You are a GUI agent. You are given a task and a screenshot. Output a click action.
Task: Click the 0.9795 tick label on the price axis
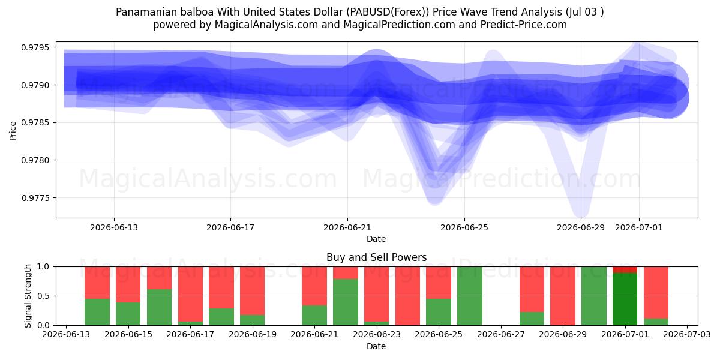pyautogui.click(x=35, y=47)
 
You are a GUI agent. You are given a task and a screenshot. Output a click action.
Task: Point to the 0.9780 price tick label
pyautogui.click(x=35, y=160)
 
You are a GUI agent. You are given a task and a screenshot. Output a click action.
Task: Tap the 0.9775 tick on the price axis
pyautogui.click(x=35, y=197)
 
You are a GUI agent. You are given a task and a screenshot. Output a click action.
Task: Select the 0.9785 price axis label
pyautogui.click(x=35, y=122)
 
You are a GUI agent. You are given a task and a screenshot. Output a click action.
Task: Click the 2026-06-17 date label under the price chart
pyautogui.click(x=230, y=227)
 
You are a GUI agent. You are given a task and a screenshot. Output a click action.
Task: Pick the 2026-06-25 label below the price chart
pyautogui.click(x=464, y=227)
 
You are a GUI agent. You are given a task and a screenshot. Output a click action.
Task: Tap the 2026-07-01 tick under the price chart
pyautogui.click(x=639, y=227)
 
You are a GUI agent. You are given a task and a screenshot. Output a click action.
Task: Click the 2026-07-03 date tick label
pyautogui.click(x=687, y=334)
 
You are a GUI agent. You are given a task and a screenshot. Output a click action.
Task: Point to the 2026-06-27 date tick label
pyautogui.click(x=501, y=334)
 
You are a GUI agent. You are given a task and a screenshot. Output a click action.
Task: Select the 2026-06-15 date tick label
pyautogui.click(x=128, y=334)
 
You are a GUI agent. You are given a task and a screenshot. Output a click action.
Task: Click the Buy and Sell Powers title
pyautogui.click(x=376, y=257)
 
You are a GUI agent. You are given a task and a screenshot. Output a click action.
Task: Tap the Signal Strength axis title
pyautogui.click(x=28, y=296)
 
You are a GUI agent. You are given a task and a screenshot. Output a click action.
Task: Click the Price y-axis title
pyautogui.click(x=13, y=131)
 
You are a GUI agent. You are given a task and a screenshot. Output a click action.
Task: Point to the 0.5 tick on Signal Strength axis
pyautogui.click(x=43, y=296)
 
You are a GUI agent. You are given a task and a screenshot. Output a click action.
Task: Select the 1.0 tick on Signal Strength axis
pyautogui.click(x=43, y=266)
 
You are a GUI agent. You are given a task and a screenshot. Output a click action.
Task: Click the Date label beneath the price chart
pyautogui.click(x=376, y=239)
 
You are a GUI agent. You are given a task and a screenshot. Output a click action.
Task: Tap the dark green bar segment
pyautogui.click(x=625, y=299)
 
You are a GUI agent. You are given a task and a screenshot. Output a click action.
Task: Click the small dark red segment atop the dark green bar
pyautogui.click(x=625, y=269)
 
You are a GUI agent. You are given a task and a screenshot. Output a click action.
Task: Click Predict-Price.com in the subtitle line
pyautogui.click(x=524, y=25)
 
